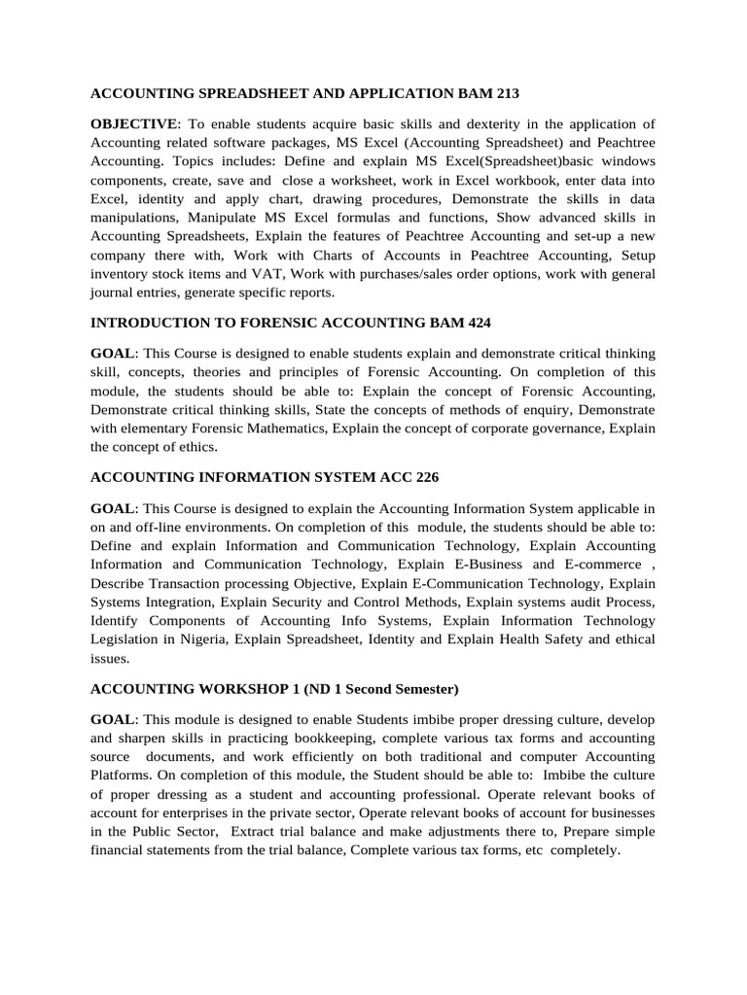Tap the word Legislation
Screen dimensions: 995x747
point(129,639)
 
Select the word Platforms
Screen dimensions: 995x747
point(123,775)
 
